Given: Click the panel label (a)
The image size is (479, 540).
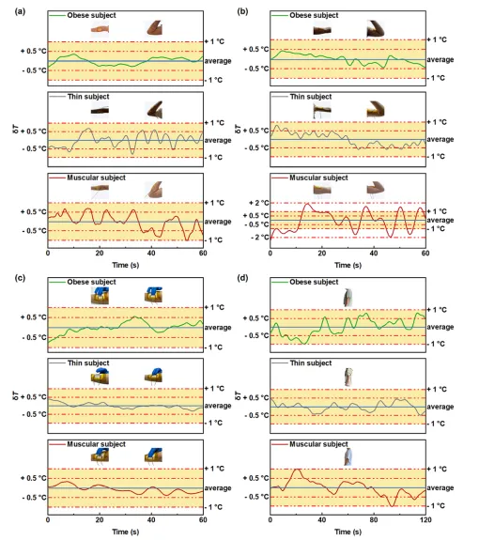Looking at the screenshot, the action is [20, 11].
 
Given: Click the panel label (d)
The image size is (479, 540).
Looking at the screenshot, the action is [242, 278].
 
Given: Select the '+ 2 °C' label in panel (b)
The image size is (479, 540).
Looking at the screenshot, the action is [259, 203].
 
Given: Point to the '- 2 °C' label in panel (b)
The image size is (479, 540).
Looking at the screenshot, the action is [259, 238].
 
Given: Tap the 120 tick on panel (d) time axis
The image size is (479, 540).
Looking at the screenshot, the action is [425, 519].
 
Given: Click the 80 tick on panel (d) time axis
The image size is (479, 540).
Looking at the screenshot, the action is [374, 519].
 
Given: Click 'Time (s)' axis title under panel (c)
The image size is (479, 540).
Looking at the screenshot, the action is [125, 532].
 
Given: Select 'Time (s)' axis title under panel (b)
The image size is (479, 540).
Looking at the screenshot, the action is [348, 265].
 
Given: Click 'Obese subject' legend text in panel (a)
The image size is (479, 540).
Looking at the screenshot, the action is [91, 15].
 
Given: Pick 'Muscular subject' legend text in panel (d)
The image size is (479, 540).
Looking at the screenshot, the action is [318, 444].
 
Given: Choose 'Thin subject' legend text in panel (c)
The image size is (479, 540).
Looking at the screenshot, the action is [88, 363].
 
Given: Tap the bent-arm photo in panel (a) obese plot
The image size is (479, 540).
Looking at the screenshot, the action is [154, 27].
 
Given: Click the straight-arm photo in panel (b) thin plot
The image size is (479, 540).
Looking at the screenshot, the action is [322, 111].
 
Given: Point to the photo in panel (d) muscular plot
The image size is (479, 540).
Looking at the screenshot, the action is [348, 457].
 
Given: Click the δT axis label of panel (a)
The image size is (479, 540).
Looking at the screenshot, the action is [16, 130].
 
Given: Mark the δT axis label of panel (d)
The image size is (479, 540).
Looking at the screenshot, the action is [238, 395].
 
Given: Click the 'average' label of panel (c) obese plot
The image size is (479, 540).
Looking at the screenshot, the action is [218, 327].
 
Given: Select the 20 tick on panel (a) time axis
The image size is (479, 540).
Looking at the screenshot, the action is [100, 254].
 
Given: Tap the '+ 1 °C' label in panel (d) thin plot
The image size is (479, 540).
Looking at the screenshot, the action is [437, 389].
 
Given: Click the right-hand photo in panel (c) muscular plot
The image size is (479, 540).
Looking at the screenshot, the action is [154, 455].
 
